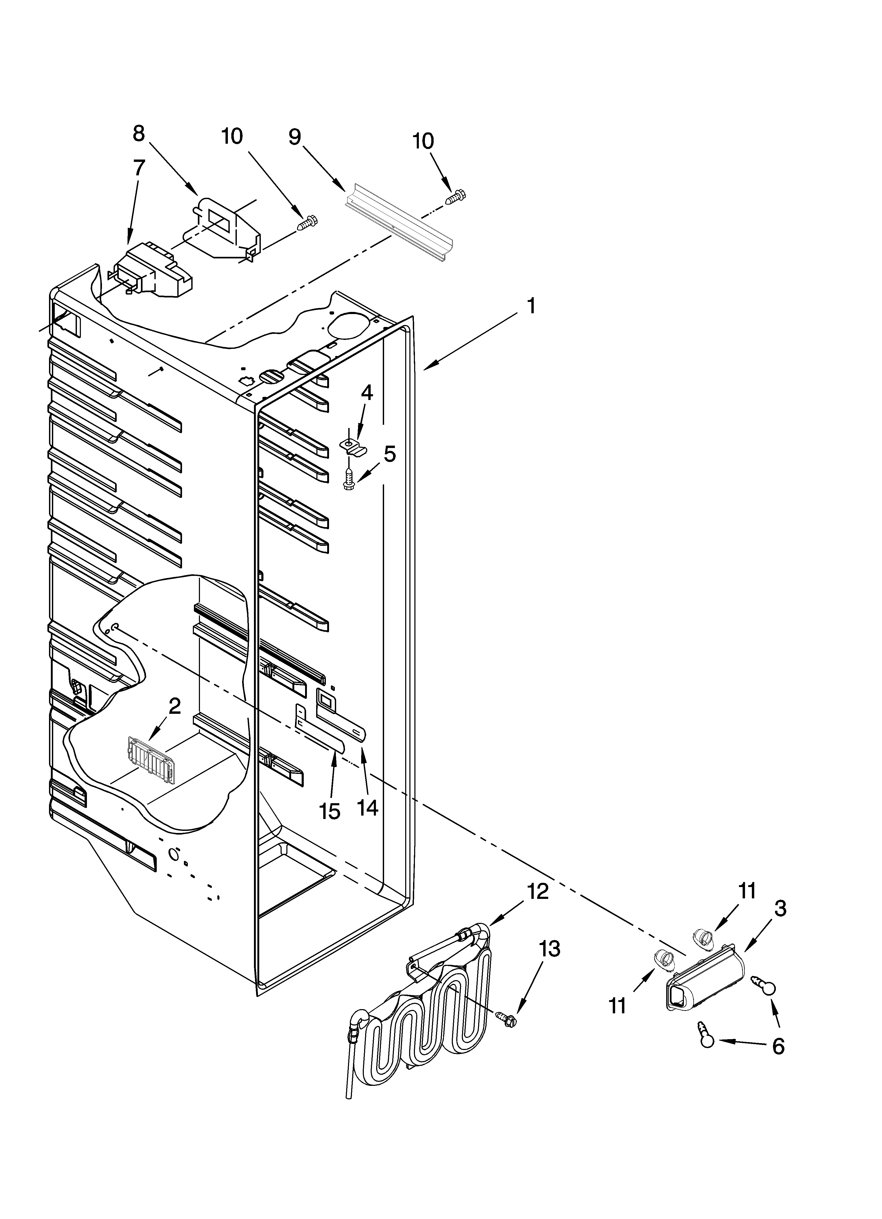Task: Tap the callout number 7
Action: pos(139,168)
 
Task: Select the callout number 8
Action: pos(139,133)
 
